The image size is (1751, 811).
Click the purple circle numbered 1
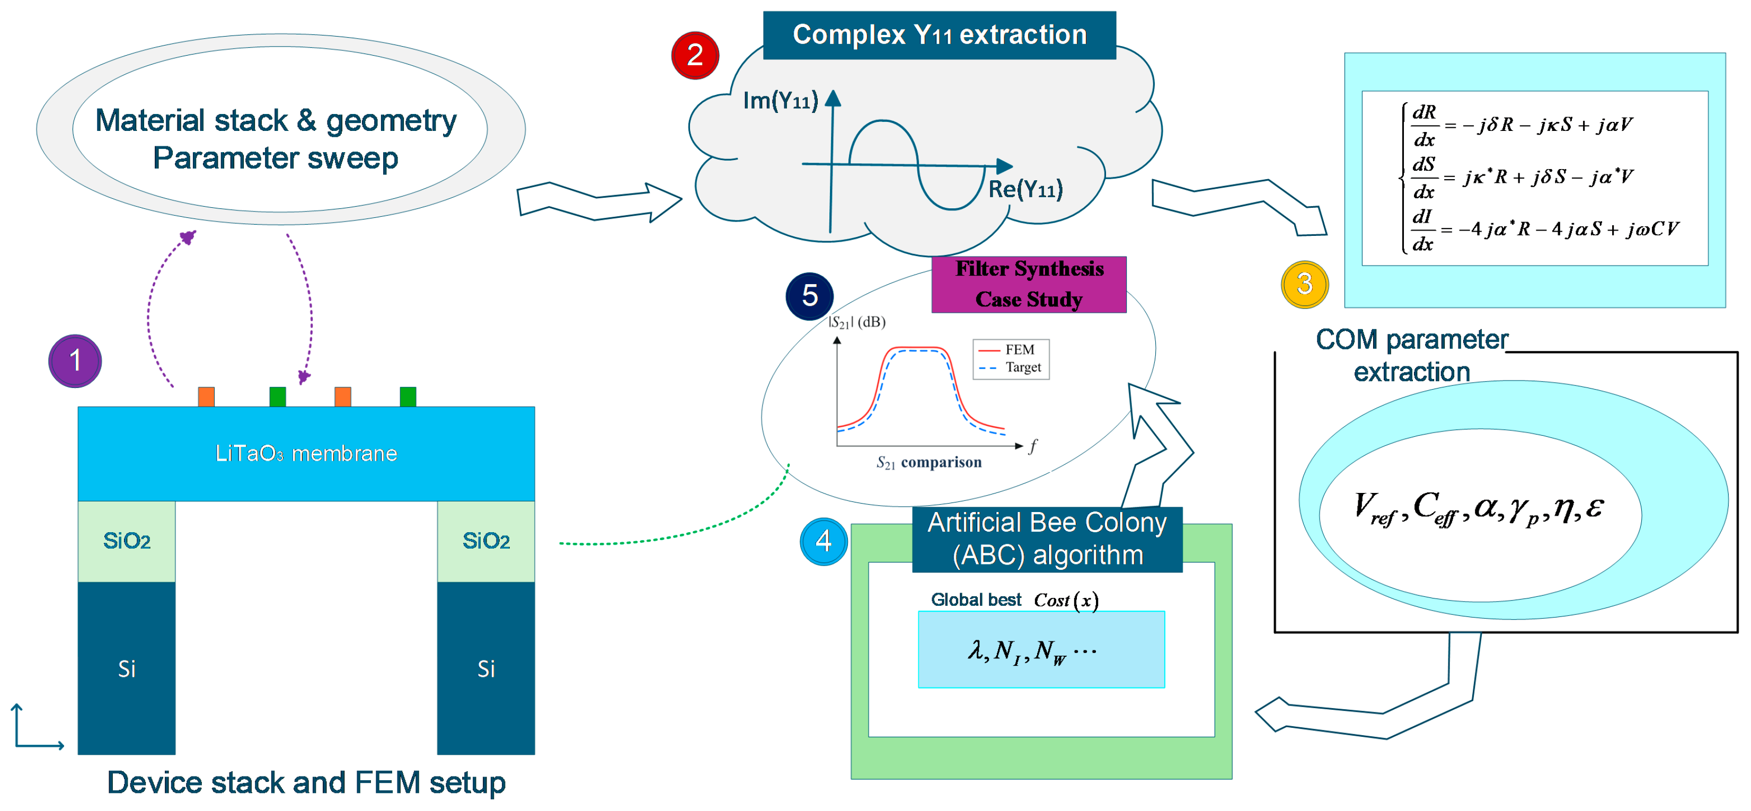75,361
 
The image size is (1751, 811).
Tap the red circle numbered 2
695,55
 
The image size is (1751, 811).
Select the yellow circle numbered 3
1304,284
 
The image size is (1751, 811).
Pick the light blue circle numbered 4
823,542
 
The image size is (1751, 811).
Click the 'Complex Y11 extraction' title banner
940,34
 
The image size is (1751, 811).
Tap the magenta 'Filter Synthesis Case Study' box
1029,284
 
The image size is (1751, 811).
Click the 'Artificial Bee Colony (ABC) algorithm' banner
1047,539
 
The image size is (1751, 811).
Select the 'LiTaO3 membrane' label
306,453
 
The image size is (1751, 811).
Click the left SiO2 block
127,541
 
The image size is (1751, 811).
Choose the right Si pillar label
486,669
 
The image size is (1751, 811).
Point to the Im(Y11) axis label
780,101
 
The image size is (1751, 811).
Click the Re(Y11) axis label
1025,189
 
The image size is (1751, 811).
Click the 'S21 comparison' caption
928,462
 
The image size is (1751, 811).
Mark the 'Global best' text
976,600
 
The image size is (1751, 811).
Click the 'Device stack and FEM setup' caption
306,782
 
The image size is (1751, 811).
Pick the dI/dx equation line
1543,230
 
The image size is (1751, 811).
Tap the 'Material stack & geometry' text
276,120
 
